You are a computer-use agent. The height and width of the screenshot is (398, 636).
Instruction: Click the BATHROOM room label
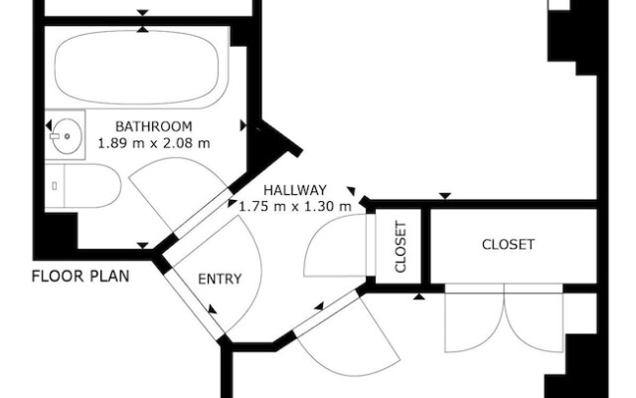tap(153, 126)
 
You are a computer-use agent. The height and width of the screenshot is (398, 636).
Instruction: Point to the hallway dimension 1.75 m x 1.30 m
tap(295, 206)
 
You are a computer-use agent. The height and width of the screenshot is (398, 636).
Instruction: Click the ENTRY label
tap(220, 279)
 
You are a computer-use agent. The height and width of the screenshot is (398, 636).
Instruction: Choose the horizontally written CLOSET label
tap(508, 244)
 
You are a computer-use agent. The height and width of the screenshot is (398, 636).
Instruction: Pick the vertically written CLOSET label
tap(402, 246)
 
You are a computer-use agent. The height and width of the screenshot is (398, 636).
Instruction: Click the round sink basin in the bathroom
tap(67, 136)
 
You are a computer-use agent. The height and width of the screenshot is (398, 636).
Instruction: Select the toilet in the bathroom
tap(87, 186)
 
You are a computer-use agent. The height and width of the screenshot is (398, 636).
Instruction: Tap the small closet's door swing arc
tap(336, 249)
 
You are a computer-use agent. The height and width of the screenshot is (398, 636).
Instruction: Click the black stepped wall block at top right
tap(571, 35)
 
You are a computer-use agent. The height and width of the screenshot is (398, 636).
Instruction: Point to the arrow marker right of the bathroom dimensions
tap(244, 126)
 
